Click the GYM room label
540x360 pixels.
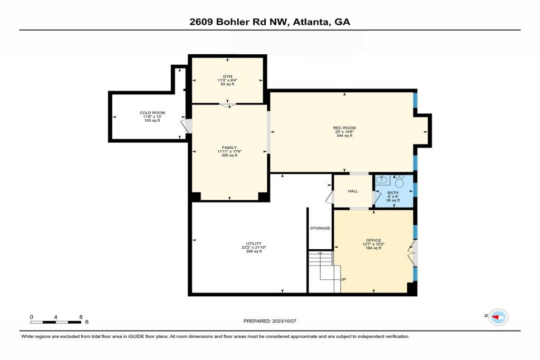tap(227, 76)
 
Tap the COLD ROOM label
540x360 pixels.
tap(152, 113)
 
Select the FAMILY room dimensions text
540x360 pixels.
tap(229, 152)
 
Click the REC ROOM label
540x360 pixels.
tap(344, 128)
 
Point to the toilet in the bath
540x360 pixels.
tap(399, 182)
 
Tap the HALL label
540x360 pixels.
tap(353, 191)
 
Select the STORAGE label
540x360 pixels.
tap(320, 228)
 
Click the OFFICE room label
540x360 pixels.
tap(373, 240)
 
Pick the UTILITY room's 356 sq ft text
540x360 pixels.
tap(254, 251)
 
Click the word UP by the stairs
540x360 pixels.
tap(343, 279)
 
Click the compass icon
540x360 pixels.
tap(498, 316)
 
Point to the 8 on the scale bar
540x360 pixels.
tap(81, 317)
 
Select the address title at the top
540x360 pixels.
tap(269, 22)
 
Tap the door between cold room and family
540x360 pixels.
tap(185, 126)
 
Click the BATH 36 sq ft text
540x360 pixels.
tap(392, 201)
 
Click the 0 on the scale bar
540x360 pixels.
tap(32, 317)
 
